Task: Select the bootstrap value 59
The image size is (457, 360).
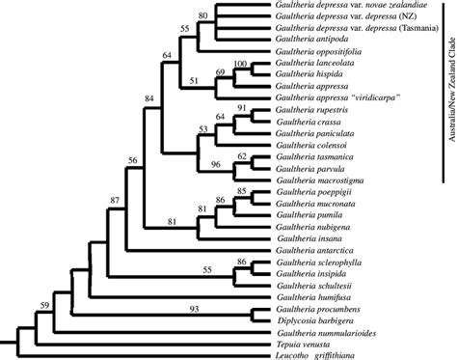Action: point(45,307)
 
